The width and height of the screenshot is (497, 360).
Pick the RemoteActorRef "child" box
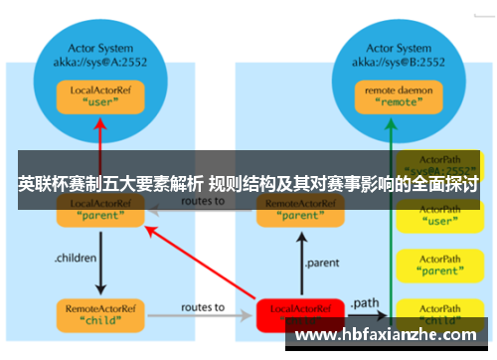[95, 314]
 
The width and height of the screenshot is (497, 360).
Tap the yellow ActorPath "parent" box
[438, 266]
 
